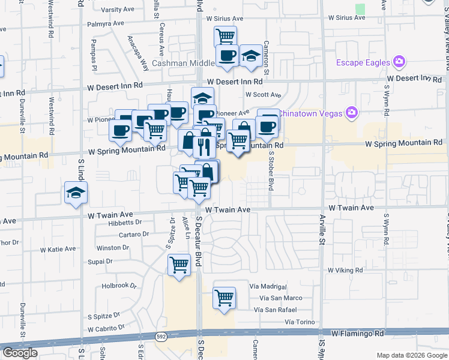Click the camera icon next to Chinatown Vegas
(x=352, y=113)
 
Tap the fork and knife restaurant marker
(x=205, y=145)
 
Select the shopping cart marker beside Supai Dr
(x=179, y=264)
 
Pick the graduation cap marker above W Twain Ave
(x=76, y=193)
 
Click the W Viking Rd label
(x=345, y=271)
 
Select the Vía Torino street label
(x=300, y=322)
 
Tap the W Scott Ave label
(x=263, y=95)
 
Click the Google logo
(x=20, y=353)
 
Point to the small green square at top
(x=360, y=9)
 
